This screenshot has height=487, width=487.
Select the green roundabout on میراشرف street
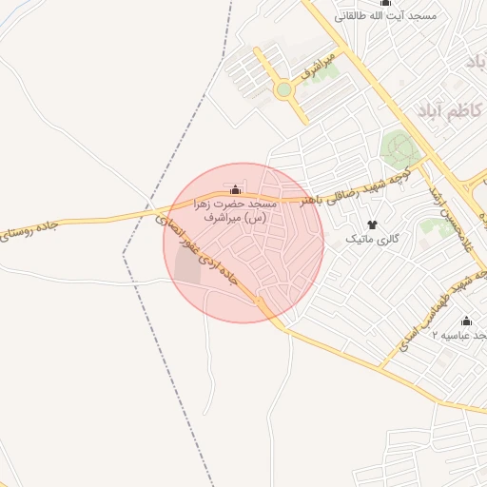tap(282, 90)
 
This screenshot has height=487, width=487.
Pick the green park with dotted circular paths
tap(399, 149)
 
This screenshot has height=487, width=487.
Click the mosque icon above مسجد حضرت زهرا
tap(236, 189)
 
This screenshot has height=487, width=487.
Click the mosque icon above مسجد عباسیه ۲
tap(466, 321)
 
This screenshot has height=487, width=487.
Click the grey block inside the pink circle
tap(187, 269)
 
